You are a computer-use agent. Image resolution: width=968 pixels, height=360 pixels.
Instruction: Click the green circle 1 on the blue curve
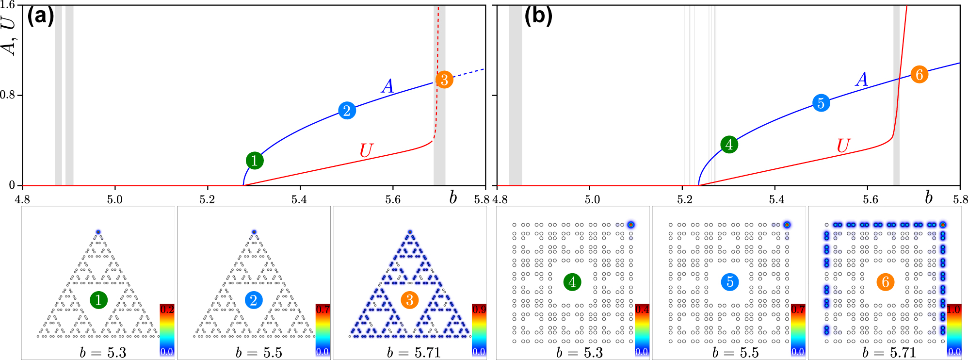tap(255, 161)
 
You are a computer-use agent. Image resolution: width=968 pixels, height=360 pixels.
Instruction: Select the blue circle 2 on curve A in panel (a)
tap(347, 111)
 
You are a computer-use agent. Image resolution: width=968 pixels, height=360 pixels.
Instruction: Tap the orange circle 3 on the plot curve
tap(444, 80)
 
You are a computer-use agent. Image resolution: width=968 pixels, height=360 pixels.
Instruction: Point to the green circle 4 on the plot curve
tap(729, 144)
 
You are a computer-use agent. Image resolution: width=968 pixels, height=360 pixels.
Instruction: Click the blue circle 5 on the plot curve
tap(821, 103)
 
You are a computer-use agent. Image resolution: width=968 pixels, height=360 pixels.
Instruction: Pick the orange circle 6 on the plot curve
tap(919, 74)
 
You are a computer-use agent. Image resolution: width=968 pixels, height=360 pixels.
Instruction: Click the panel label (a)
tap(40, 16)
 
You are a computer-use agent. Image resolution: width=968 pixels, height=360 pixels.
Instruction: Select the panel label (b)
tap(538, 16)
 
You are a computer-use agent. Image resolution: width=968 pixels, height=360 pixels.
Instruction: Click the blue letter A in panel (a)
tap(387, 86)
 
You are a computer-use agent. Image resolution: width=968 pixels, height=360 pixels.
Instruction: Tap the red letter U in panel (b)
tap(843, 146)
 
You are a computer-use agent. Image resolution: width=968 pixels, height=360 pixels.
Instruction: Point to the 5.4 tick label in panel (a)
tap(299, 199)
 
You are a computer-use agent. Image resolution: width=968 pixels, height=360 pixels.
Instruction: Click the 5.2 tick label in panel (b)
tap(684, 199)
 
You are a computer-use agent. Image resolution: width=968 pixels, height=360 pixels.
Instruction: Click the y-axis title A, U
tap(9, 34)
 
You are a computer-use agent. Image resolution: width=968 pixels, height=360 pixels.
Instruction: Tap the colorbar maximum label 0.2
tap(167, 309)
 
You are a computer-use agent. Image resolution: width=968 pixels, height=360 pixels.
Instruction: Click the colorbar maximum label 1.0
tap(953, 309)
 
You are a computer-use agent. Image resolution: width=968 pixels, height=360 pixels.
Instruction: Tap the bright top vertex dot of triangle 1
tap(98, 232)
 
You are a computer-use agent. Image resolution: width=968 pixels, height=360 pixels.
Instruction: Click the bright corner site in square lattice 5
tap(787, 225)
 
